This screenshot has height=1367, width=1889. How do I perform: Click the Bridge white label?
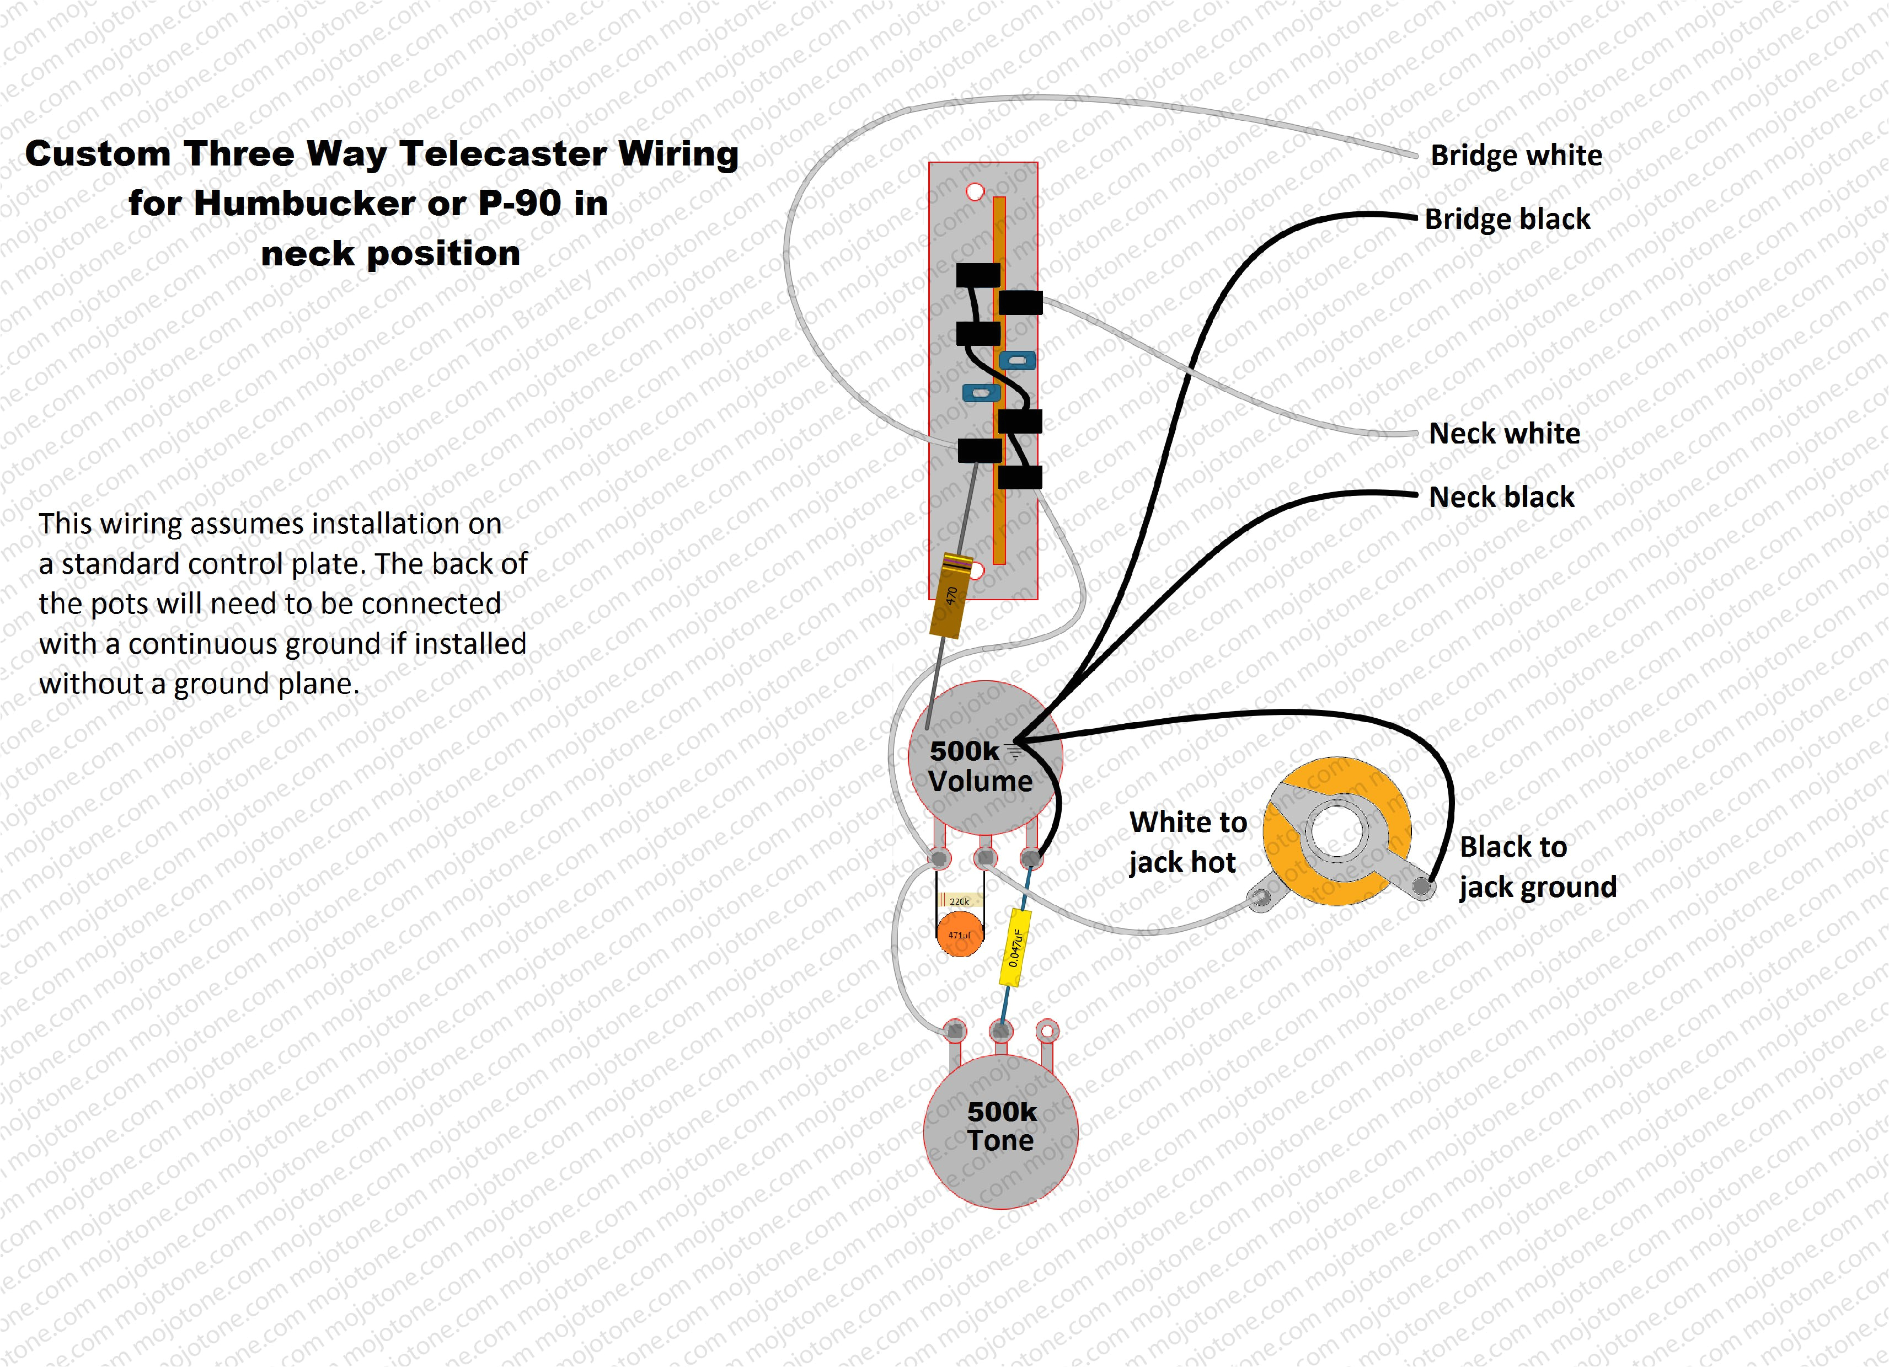point(1516,156)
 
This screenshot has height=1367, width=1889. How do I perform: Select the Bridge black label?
point(1507,219)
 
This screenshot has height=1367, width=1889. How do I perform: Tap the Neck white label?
point(1503,433)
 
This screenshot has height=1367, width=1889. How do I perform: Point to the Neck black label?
point(1501,498)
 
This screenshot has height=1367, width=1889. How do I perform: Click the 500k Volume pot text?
point(980,766)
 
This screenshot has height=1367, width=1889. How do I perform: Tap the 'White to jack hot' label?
point(1187,842)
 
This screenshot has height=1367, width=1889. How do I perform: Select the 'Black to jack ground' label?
point(1537,867)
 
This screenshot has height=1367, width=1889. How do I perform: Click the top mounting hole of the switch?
point(975,191)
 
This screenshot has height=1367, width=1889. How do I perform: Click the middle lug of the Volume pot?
point(985,858)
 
